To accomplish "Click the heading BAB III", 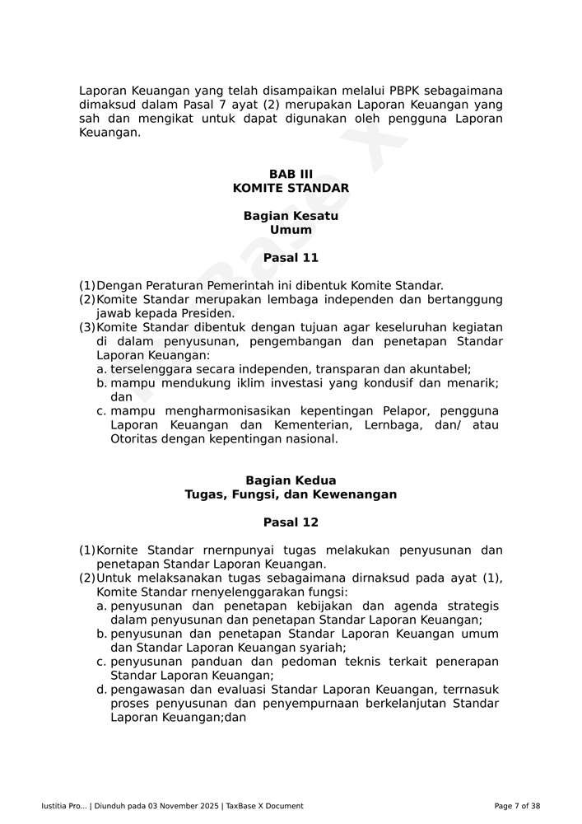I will click(291, 174).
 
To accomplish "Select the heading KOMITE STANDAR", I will click(291, 188).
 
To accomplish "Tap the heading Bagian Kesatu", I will click(291, 216).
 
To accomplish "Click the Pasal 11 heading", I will click(291, 258).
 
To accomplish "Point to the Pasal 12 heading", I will click(291, 522).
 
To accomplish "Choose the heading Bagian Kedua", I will click(291, 480).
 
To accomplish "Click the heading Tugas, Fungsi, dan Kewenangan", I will click(291, 494).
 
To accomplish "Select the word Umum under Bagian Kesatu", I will click(291, 230).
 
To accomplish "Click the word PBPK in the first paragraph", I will click(404, 91).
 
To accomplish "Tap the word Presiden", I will click(209, 313).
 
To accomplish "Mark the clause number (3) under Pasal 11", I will click(87, 327).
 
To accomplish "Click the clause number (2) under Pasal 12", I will click(87, 578).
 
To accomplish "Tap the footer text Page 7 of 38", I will click(517, 806).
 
